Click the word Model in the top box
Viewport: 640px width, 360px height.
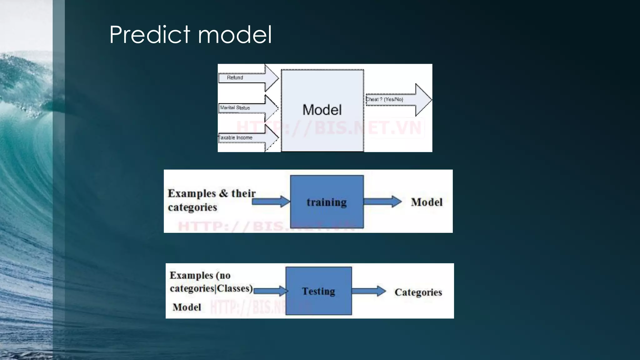(322, 110)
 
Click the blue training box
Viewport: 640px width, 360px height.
(327, 202)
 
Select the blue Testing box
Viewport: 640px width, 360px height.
(318, 291)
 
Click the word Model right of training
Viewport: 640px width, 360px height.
(427, 202)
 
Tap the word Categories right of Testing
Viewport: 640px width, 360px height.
(418, 292)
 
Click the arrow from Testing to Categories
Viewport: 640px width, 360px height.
(369, 291)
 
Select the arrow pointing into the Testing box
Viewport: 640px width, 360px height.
(271, 291)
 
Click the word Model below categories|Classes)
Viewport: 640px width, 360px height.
(187, 307)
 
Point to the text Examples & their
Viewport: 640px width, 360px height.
(212, 193)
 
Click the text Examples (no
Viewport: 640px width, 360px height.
(200, 275)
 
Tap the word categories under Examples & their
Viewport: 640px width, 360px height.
(192, 207)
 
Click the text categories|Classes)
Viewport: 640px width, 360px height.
(211, 288)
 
